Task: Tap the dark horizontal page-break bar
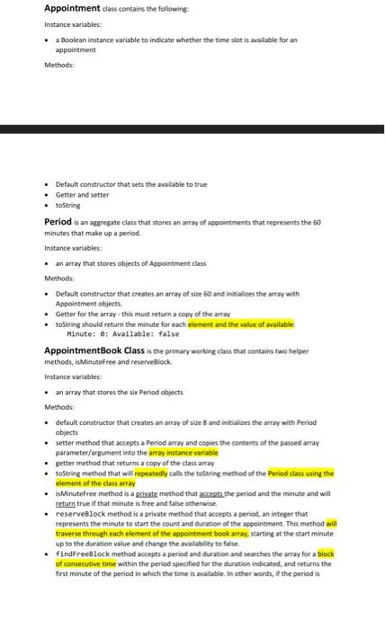(192, 129)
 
